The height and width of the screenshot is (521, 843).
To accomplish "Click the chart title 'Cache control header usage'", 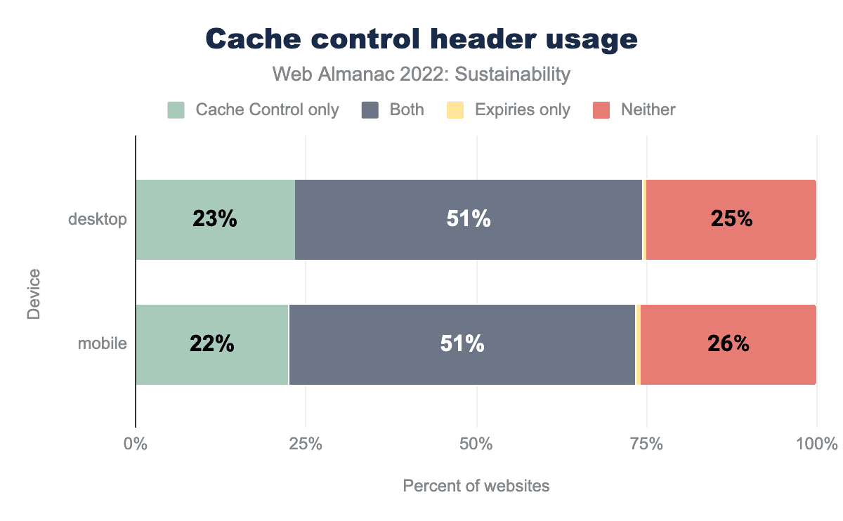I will [421, 39].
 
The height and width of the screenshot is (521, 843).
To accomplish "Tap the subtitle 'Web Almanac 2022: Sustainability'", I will [421, 74].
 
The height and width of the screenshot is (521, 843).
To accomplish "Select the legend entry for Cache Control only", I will [254, 110].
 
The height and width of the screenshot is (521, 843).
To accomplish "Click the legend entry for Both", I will [393, 110].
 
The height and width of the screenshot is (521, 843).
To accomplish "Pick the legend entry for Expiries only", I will [509, 110].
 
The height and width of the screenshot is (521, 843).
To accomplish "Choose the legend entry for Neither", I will [634, 110].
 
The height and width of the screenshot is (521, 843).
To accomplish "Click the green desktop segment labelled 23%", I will [215, 220].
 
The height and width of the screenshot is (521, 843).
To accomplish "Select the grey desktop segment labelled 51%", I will [469, 220].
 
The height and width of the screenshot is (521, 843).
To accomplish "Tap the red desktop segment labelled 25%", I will [731, 220].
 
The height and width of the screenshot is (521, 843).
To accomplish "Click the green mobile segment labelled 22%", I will [211, 345].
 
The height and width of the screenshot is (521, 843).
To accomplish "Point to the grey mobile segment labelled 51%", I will [462, 345].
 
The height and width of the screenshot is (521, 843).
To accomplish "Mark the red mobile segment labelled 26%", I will [728, 345].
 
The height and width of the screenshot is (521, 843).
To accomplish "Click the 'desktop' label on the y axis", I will [98, 220].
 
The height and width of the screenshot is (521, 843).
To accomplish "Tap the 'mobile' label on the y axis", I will [103, 345].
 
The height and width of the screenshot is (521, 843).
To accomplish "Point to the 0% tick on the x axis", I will [136, 444].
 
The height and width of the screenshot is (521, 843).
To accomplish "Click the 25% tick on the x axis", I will [306, 444].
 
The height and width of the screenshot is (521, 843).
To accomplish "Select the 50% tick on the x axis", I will [476, 444].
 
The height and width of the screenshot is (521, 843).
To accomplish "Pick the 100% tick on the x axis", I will [816, 444].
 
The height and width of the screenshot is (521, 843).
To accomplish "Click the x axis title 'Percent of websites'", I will [476, 486].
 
